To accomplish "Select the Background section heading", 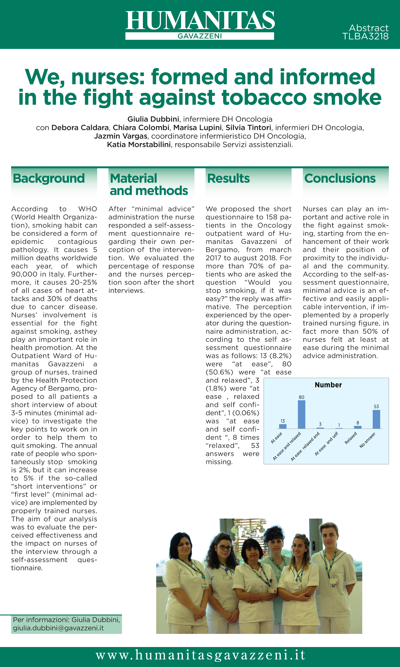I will (49, 179).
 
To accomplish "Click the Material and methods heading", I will (149, 185).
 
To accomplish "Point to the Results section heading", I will (228, 179).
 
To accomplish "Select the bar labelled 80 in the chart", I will (301, 414).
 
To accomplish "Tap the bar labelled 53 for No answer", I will (376, 419).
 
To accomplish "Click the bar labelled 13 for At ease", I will (282, 426).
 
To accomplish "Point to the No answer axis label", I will (367, 440).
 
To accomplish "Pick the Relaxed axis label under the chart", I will (351, 438).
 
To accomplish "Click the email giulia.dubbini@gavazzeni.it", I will (58, 628).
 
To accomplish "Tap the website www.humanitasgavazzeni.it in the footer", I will (200, 655).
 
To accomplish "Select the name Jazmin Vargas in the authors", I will (120, 136).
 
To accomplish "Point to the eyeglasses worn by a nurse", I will (224, 548).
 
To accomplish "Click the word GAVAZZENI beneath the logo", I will (200, 36).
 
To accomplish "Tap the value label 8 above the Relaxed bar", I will (358, 423).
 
